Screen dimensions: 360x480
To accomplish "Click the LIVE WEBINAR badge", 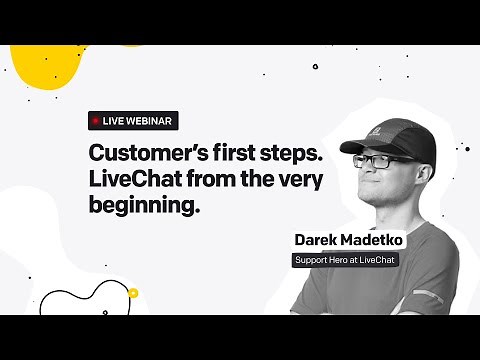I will [x=131, y=120].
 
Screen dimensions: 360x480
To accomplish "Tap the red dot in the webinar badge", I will [x=96, y=120].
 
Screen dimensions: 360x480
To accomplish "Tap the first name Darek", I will [x=318, y=240].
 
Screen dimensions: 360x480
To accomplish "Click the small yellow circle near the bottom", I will [x=132, y=293].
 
